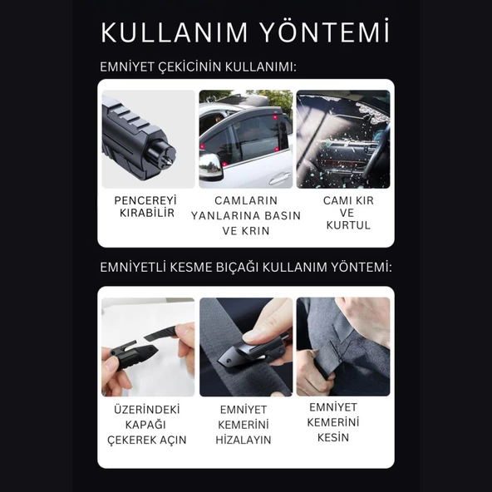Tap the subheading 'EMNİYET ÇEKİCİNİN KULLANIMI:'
(x=198, y=66)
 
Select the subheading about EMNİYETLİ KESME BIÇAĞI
(x=245, y=267)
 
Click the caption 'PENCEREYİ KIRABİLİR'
(x=146, y=207)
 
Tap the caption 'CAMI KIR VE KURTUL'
(x=347, y=213)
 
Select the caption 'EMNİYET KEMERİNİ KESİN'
(x=338, y=421)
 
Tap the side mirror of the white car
(x=211, y=167)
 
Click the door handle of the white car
(x=279, y=178)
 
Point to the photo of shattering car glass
(x=342, y=139)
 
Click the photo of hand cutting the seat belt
(x=342, y=347)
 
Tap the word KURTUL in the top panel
(x=347, y=225)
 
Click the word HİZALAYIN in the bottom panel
(x=244, y=440)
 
